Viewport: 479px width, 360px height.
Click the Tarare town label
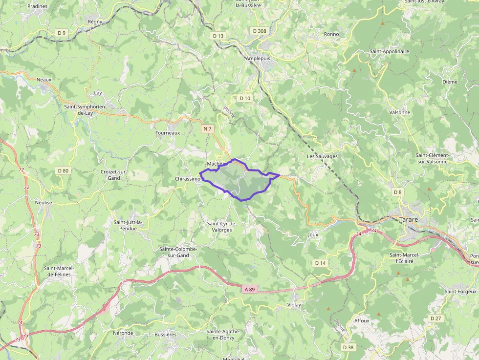point(409,219)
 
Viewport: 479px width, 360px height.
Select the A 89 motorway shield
point(249,290)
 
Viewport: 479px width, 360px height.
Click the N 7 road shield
point(208,129)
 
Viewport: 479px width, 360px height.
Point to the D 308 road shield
point(260,31)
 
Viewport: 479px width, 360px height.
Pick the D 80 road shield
point(63,170)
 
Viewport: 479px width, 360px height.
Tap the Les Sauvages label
point(322,156)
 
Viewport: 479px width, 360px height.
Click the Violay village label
point(294,305)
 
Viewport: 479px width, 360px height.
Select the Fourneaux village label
point(168,132)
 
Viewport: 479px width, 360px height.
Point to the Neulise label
point(44,202)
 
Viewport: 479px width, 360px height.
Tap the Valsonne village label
point(400,112)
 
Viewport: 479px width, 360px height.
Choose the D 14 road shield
point(320,263)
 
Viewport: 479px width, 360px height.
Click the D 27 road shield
point(435,318)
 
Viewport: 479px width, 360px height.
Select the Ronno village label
point(331,34)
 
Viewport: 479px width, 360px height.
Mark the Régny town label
point(95,21)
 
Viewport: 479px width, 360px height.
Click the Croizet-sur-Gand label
point(114,175)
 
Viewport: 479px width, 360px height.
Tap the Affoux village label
point(362,321)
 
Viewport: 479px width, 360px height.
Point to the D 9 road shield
point(61,33)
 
